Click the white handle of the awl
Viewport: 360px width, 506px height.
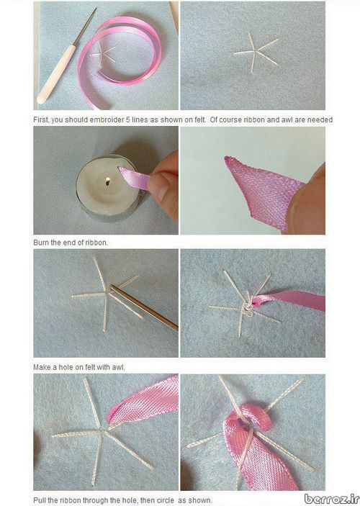click(56, 74)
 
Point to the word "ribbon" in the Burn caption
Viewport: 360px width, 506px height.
click(96, 243)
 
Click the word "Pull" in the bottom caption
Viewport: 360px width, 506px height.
click(40, 500)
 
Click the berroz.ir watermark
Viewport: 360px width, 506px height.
click(332, 498)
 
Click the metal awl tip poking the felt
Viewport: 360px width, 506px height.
click(112, 286)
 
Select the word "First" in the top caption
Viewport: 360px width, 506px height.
click(41, 119)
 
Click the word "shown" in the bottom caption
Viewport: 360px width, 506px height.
click(199, 500)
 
